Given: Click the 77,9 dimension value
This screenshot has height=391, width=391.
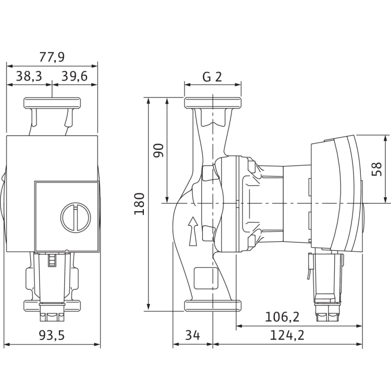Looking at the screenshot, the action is tap(52, 57).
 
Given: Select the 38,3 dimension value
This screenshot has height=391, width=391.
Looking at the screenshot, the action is tap(29, 76).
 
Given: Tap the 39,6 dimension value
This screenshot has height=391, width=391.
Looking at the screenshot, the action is tap(75, 76).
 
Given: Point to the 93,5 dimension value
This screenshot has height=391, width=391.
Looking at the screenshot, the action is tap(52, 335).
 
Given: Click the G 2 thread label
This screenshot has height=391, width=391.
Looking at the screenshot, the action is tap(212, 77).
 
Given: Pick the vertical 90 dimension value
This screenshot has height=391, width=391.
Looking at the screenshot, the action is tap(158, 150).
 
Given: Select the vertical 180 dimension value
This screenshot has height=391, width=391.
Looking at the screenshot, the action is tap(139, 204).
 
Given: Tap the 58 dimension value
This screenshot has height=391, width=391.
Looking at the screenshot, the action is tap(376, 169).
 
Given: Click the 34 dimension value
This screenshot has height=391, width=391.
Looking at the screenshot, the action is tap(192, 335).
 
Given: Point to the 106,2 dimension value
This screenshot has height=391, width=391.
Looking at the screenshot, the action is tap(282, 317).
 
